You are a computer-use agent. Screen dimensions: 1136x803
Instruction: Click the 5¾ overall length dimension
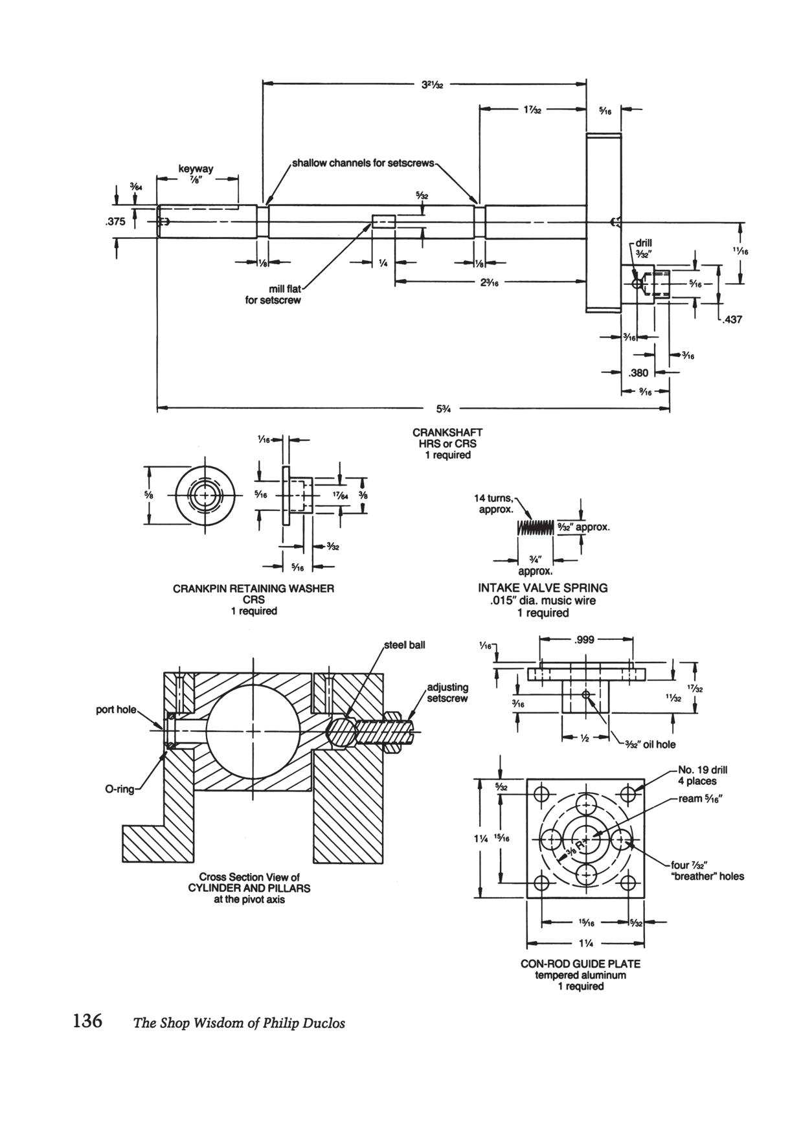click(444, 409)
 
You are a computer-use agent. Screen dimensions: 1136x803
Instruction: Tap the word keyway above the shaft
click(196, 169)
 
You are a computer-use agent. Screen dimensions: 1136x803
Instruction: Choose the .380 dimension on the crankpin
click(638, 373)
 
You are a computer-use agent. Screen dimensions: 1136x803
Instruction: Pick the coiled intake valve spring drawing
click(536, 527)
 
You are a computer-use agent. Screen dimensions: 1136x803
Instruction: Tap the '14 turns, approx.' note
click(494, 504)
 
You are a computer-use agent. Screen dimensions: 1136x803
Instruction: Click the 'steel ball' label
click(405, 645)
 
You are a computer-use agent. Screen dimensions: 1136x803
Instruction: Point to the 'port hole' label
click(117, 709)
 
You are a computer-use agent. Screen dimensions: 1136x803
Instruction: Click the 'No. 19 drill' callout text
click(702, 770)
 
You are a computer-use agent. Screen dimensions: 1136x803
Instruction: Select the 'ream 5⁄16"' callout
click(700, 799)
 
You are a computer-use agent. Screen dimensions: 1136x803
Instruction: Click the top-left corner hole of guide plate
click(543, 793)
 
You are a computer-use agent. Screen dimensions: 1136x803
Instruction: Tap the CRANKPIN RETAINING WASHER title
click(253, 589)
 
